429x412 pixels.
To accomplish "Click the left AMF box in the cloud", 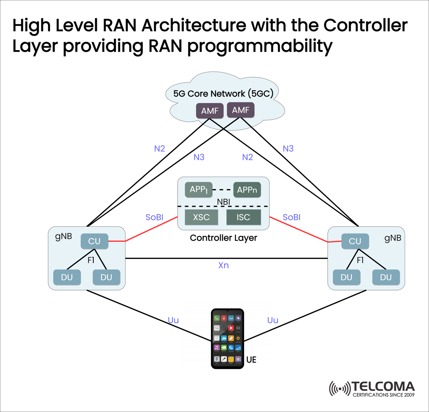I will [209, 111].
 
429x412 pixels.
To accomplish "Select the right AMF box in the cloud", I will [241, 110].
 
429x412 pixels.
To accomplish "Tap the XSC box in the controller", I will [201, 217].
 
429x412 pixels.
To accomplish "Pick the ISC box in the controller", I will [243, 217].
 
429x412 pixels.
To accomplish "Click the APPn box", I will [247, 190].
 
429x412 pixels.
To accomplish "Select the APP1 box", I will [198, 190].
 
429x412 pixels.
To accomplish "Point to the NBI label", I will [223, 202].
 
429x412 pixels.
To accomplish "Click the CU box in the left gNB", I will [94, 241].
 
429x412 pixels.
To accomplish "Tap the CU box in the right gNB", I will [355, 241].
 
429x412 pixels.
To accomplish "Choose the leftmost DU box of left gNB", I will [67, 278].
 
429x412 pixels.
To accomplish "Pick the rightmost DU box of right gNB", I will [386, 278].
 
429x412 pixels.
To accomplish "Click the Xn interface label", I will [223, 265].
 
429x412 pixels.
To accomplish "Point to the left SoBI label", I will [154, 217].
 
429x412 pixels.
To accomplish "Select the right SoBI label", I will [292, 217].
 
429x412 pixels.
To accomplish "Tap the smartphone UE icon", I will [227, 338].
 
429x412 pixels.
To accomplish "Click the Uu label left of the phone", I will [173, 320].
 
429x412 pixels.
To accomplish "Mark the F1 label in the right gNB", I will [360, 260].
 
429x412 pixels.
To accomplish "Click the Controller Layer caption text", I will [223, 238].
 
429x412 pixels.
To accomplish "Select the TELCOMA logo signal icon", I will [339, 388].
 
